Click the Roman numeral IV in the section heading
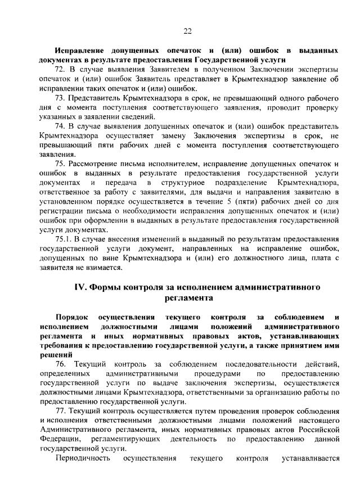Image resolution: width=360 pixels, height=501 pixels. [82, 287]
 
